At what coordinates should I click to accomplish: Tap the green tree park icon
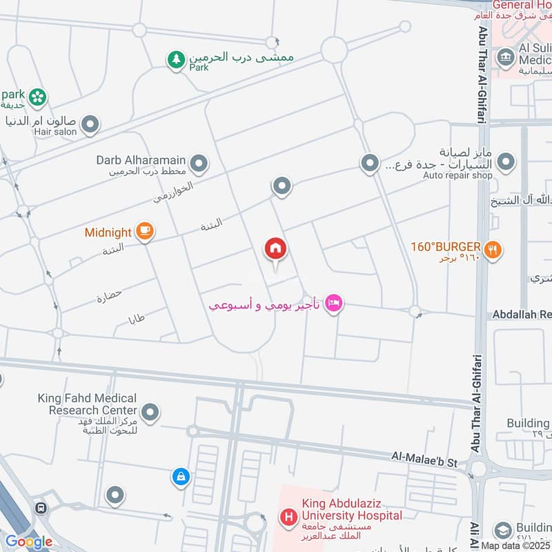pyautogui.click(x=176, y=60)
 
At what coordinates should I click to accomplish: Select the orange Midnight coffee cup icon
pyautogui.click(x=144, y=231)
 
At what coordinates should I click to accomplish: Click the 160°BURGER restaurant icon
pyautogui.click(x=492, y=250)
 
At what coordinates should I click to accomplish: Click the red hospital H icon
pyautogui.click(x=288, y=516)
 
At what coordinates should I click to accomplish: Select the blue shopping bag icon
pyautogui.click(x=180, y=476)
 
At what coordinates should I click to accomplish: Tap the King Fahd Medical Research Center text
pyautogui.click(x=93, y=404)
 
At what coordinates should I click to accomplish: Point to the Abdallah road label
pyautogui.click(x=521, y=314)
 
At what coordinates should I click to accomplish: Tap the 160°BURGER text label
pyautogui.click(x=447, y=246)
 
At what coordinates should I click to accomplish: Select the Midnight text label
pyautogui.click(x=108, y=233)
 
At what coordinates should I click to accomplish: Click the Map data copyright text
pyautogui.click(x=515, y=546)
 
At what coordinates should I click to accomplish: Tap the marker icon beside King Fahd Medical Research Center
pyautogui.click(x=150, y=413)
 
